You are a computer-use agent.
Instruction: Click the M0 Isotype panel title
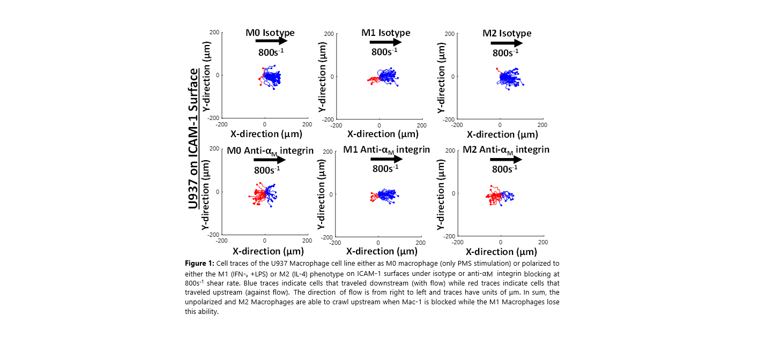pos(270,33)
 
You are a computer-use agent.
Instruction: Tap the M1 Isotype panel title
pos(385,33)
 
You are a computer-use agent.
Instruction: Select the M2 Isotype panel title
pos(507,33)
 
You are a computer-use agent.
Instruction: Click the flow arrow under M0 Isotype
pos(271,41)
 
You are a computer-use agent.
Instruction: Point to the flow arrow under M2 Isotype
pos(507,43)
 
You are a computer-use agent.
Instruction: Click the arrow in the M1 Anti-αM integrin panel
pos(386,159)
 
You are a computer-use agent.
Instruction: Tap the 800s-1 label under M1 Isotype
pos(384,51)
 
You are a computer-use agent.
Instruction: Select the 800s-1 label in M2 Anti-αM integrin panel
pos(504,169)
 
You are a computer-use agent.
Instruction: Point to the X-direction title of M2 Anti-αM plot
pos(501,251)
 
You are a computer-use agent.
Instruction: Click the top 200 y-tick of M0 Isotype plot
pos(213,32)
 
